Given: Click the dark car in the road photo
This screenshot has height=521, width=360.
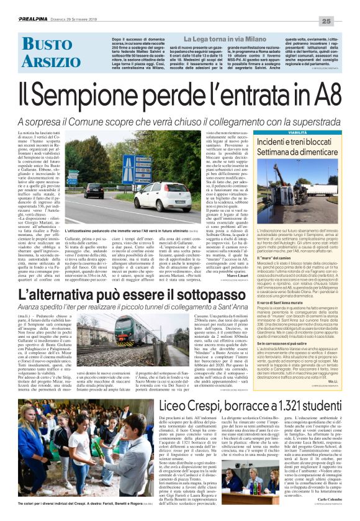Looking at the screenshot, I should pyautogui.click(x=94, y=190).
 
